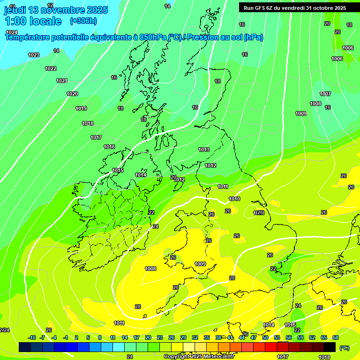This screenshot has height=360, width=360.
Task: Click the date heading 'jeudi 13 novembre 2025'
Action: pos(56,10)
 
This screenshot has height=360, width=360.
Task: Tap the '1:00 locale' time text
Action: pos(33,21)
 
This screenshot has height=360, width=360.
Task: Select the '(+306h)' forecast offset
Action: pos(83,21)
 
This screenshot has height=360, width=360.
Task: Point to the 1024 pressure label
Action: pos(12,32)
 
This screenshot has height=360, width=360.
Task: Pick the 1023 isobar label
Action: pos(34,55)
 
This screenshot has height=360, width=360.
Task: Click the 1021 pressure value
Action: pos(62,81)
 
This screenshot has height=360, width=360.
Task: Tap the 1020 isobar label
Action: pos(72,94)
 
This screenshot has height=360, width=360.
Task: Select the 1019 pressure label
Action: pos(81,108)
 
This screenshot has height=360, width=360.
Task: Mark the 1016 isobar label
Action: pos(109,147)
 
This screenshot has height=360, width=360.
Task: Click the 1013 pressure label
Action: pos(204,150)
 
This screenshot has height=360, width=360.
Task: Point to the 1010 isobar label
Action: pos(234,199)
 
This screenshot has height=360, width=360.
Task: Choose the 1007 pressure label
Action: pos(325,94)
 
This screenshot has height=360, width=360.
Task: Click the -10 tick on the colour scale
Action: pos(32,337)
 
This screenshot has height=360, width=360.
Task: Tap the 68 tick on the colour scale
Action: pos(336,337)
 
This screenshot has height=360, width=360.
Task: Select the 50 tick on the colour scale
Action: pos(265,337)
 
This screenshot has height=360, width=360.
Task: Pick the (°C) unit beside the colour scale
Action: pos(344,348)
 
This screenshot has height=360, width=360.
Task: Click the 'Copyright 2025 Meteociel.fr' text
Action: pos(199,356)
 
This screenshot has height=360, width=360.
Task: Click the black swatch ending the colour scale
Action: pos(330,347)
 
